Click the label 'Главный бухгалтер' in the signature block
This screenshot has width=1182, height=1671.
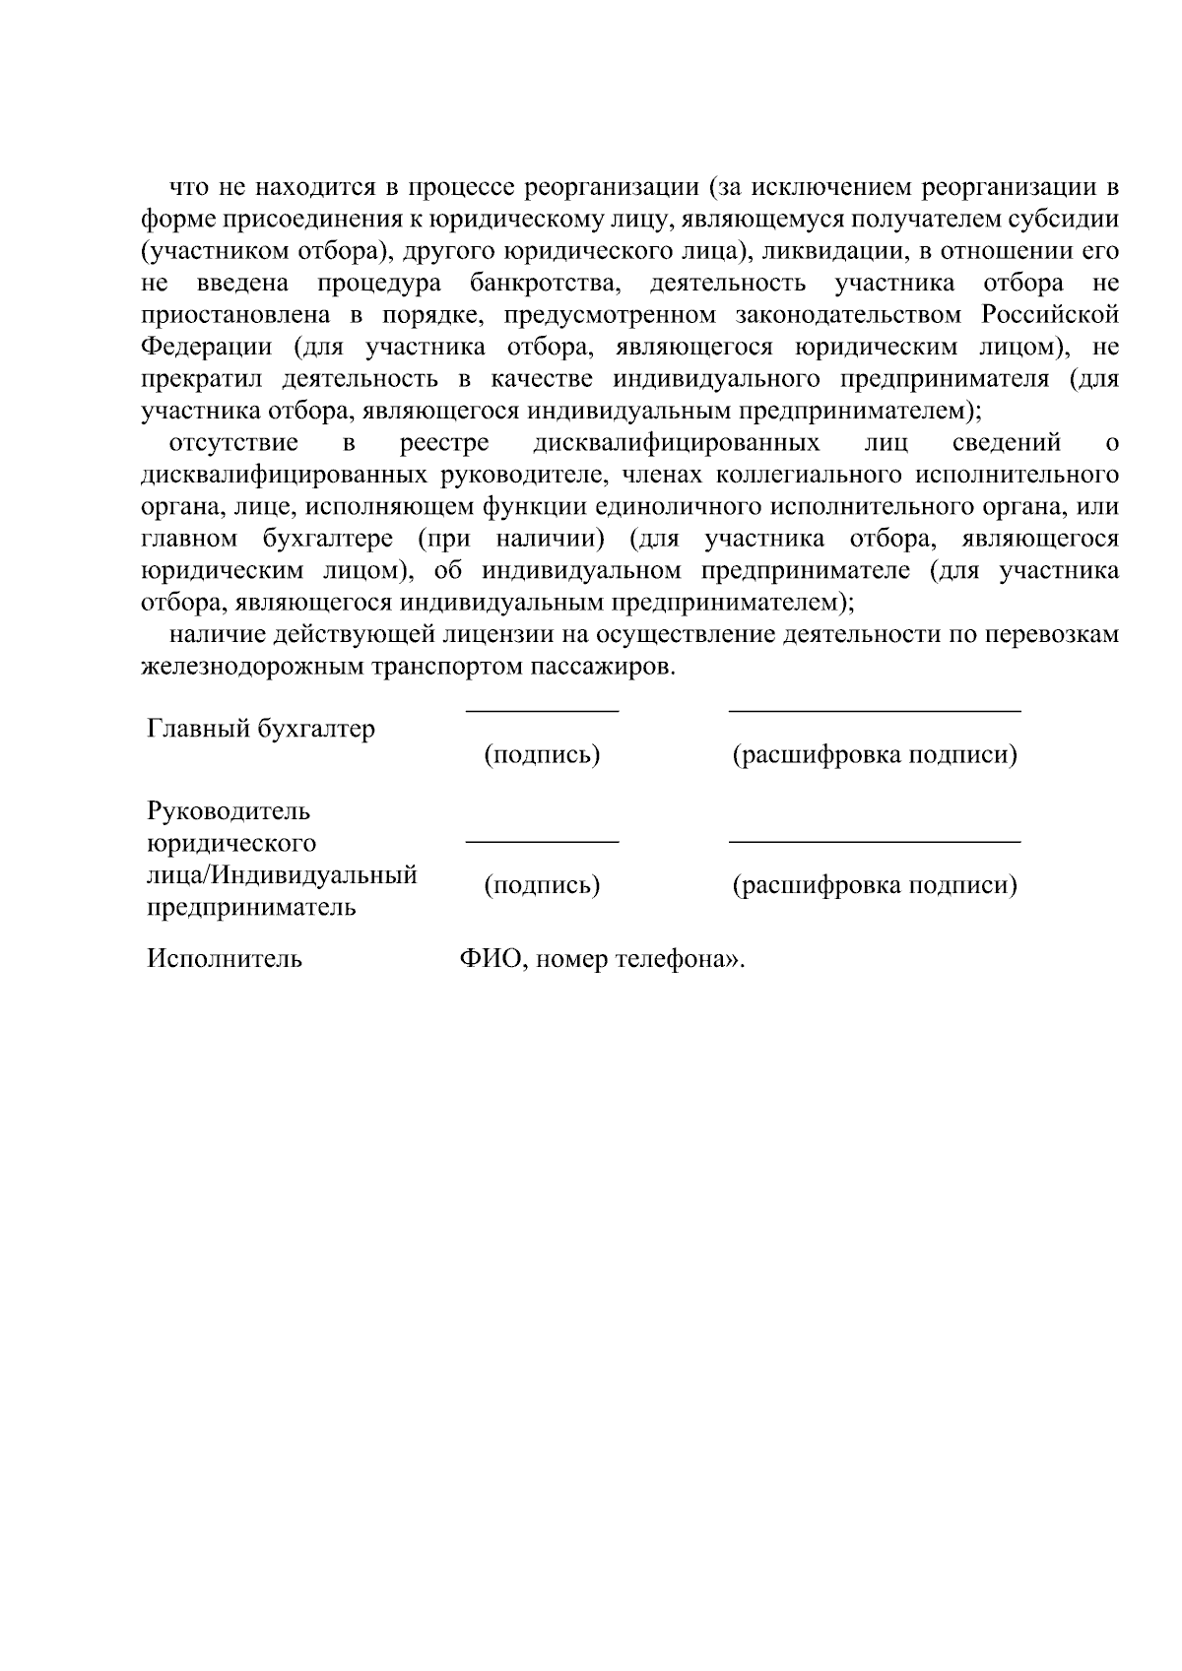pos(261,730)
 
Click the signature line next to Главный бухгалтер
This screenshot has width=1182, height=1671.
pos(542,710)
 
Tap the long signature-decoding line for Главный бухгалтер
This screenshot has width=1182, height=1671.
pos(874,710)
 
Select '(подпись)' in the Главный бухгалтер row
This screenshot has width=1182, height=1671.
pos(542,755)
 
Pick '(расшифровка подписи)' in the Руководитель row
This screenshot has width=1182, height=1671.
pos(874,885)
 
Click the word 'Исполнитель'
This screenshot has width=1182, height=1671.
pos(225,959)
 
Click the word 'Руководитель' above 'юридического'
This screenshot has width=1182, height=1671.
pos(229,811)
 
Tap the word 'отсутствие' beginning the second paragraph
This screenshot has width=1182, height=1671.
pos(234,443)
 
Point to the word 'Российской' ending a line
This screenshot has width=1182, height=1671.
pos(1050,315)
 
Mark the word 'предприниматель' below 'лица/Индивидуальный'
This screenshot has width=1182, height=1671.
pos(251,907)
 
